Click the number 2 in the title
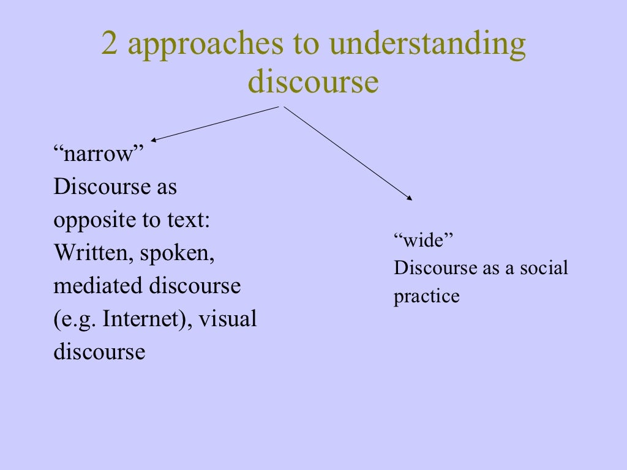(x=110, y=46)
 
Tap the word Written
(x=92, y=253)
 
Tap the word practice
(x=426, y=297)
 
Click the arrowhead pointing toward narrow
(x=154, y=140)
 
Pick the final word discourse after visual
(x=99, y=352)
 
